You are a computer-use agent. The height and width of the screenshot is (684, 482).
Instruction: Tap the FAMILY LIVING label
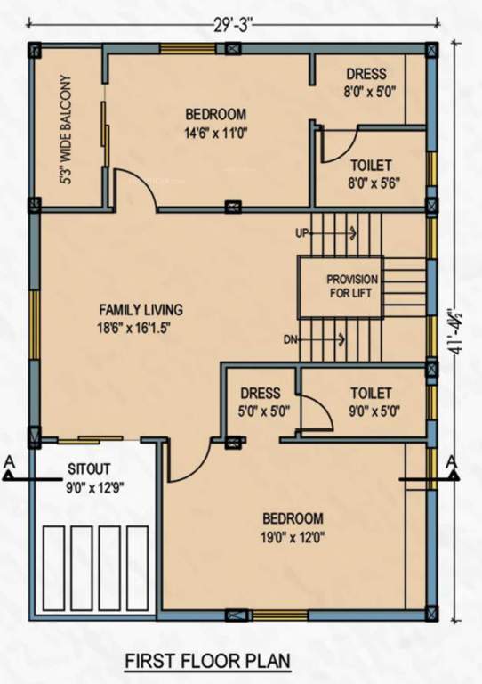click(x=141, y=310)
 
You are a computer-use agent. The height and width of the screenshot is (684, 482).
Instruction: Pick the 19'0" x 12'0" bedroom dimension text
click(x=292, y=537)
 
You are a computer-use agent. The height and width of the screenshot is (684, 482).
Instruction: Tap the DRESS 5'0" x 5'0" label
click(x=260, y=402)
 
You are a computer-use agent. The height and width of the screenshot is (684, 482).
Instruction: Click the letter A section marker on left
click(x=8, y=462)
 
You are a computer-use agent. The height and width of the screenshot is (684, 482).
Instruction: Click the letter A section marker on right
click(x=453, y=461)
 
